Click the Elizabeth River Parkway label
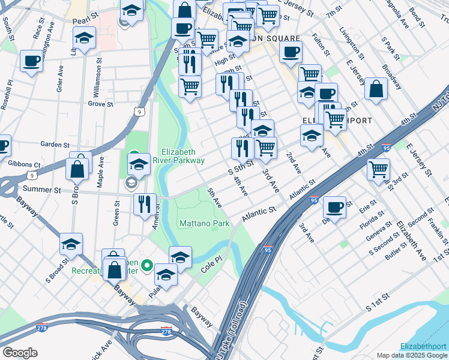coord(183,156)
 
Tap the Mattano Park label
coord(205,224)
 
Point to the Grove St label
coord(101,104)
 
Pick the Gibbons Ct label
coord(25,164)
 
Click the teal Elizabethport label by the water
coord(424,346)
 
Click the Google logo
coord(19,353)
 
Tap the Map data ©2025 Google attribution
coord(412,356)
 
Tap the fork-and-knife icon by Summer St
coord(145,204)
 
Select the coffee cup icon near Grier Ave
coord(31,60)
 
